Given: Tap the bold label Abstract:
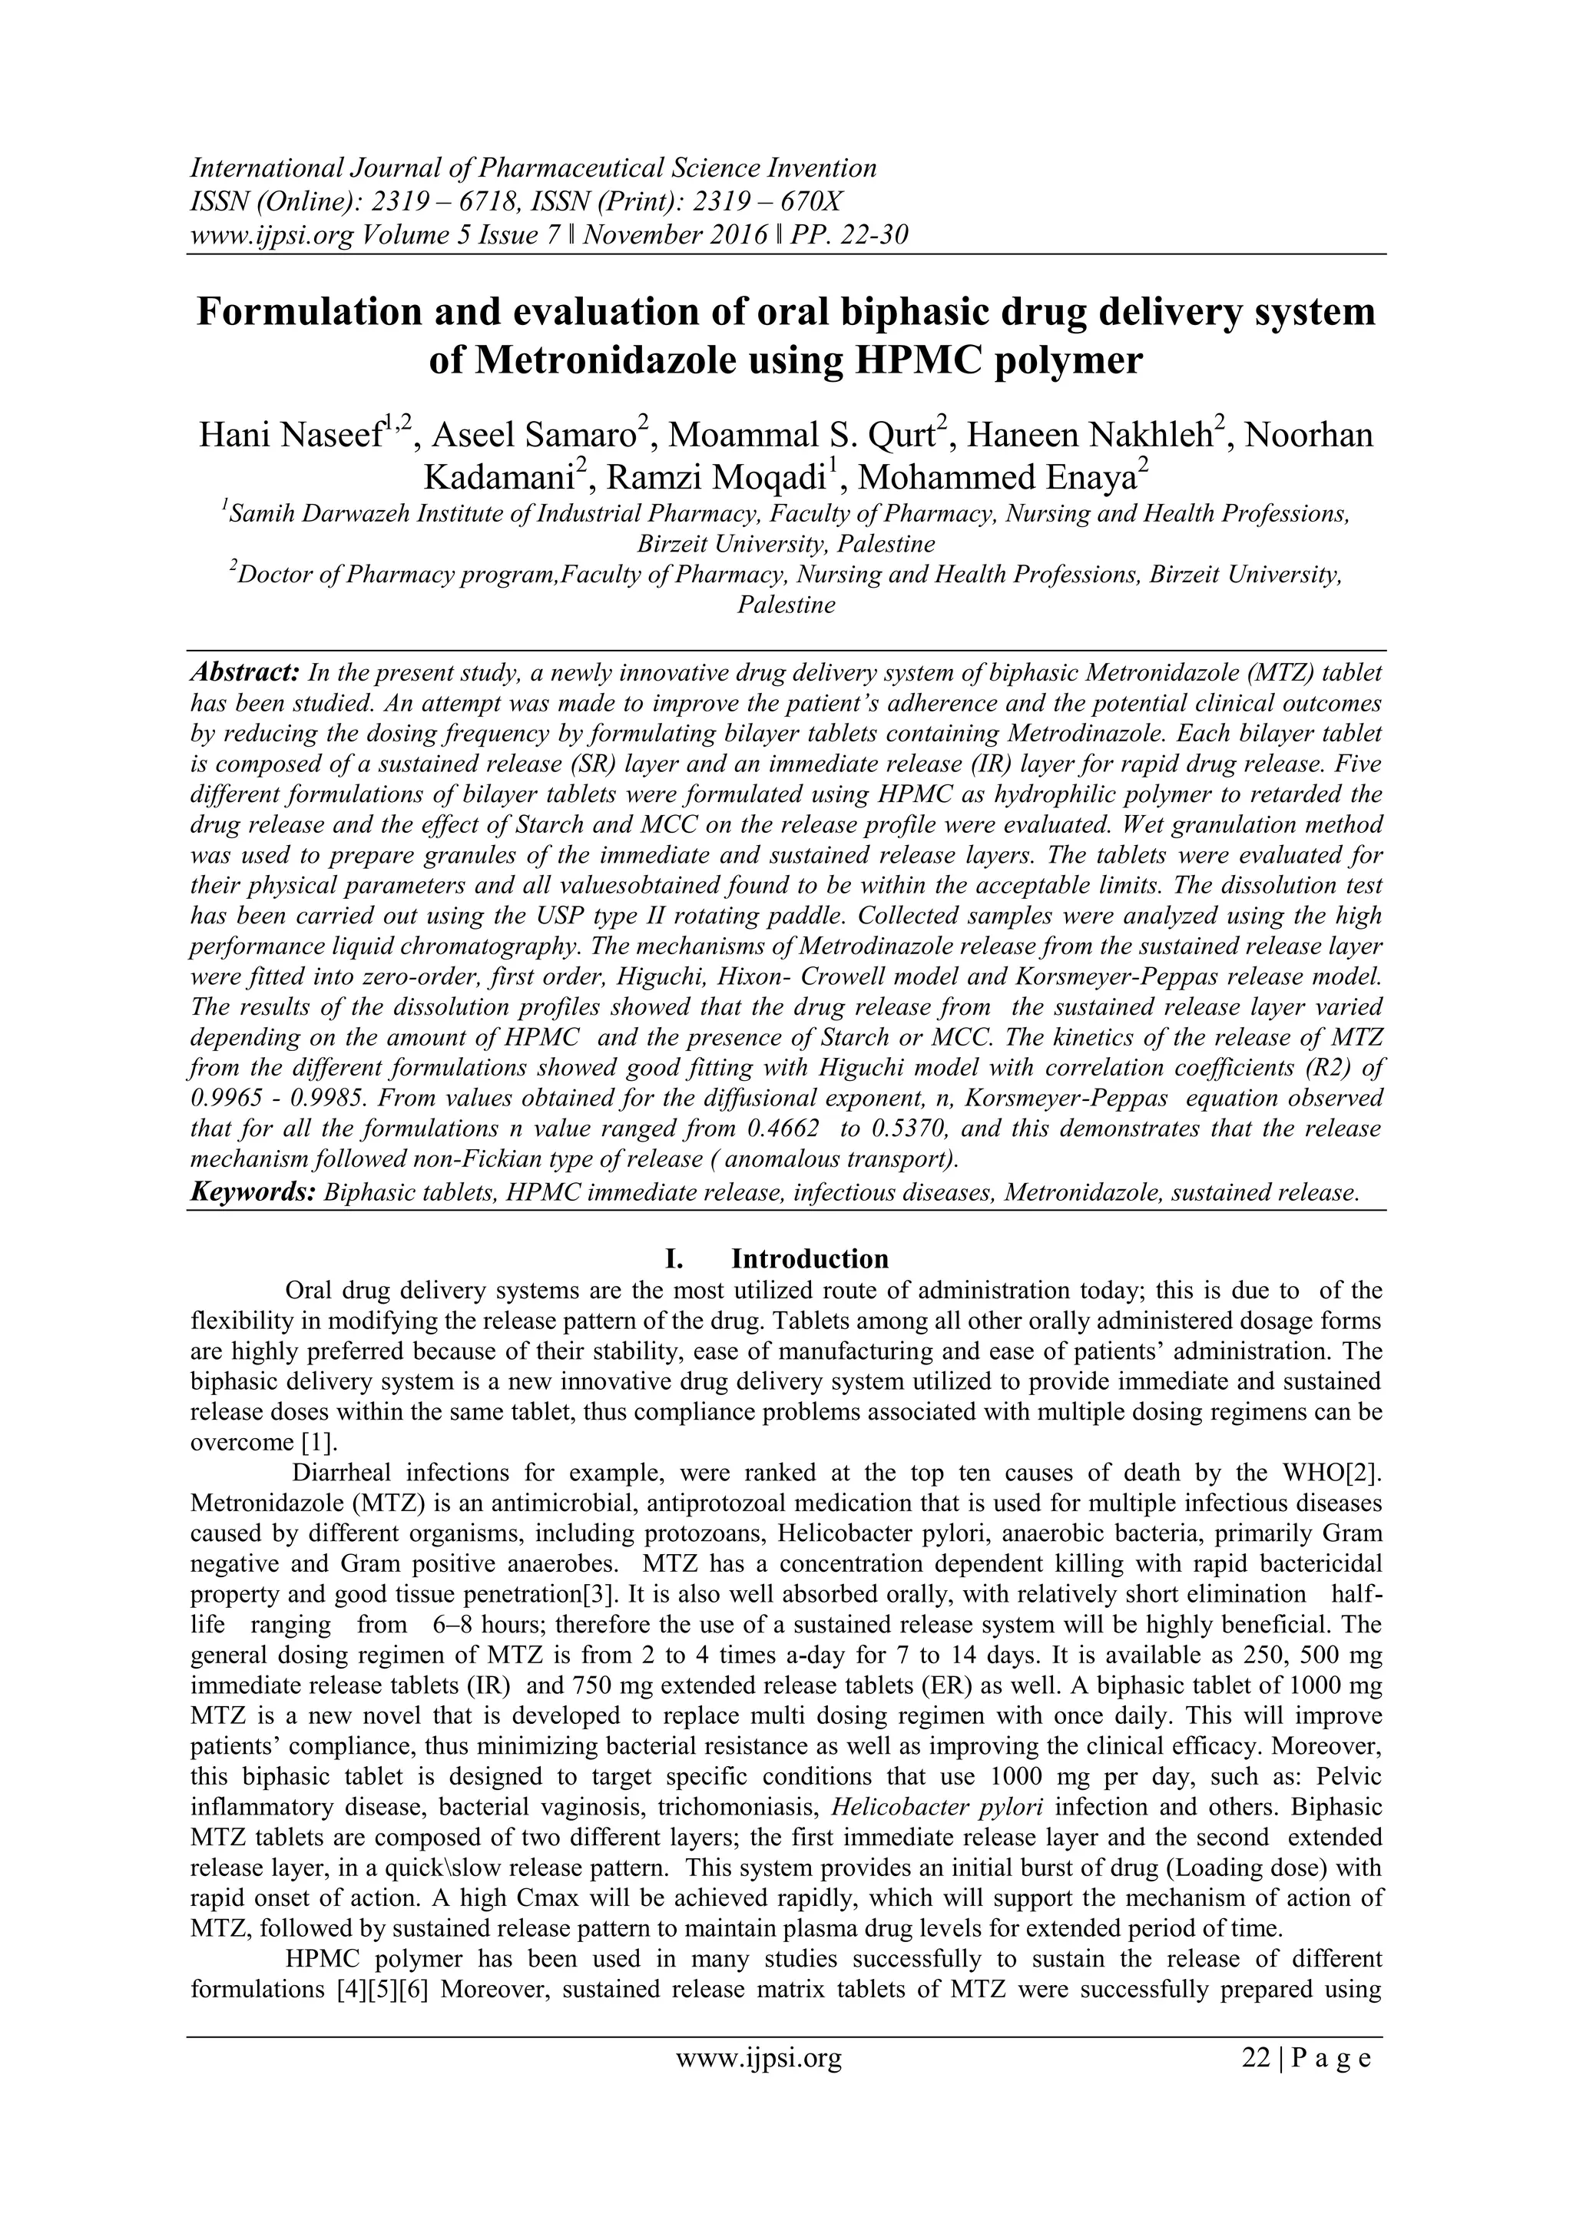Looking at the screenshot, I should [244, 672].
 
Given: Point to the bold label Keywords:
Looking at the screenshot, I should [253, 1192].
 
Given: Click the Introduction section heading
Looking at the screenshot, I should [810, 1258].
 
